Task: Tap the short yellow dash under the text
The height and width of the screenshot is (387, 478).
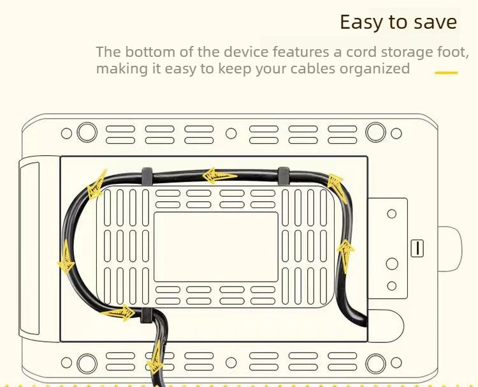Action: [x=446, y=73]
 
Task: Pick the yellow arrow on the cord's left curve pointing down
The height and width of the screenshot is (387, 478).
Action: [x=66, y=257]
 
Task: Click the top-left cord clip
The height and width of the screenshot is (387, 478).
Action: [x=147, y=176]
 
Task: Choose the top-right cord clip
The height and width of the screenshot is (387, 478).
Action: [x=284, y=176]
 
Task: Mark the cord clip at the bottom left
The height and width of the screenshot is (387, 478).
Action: [x=147, y=315]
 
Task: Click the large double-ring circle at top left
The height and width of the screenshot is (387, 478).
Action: [x=87, y=132]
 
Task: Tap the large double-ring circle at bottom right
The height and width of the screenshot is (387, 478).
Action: [x=375, y=363]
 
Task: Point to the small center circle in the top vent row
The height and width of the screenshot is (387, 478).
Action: [x=231, y=133]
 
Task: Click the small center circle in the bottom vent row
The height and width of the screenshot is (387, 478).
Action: [x=231, y=363]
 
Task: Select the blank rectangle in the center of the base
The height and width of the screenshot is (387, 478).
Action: [x=216, y=247]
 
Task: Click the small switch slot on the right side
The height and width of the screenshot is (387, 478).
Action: [x=417, y=248]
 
